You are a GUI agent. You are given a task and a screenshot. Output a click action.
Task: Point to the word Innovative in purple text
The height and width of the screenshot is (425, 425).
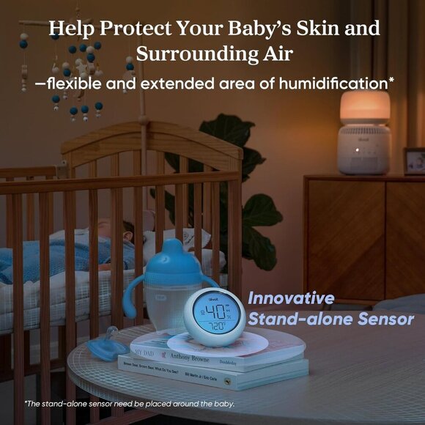coord(291,299)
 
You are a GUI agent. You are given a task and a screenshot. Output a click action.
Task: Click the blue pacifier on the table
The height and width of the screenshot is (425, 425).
coord(105,344)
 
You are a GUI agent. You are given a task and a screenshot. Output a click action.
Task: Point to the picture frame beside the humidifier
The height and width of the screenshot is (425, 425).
coord(414,160)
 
